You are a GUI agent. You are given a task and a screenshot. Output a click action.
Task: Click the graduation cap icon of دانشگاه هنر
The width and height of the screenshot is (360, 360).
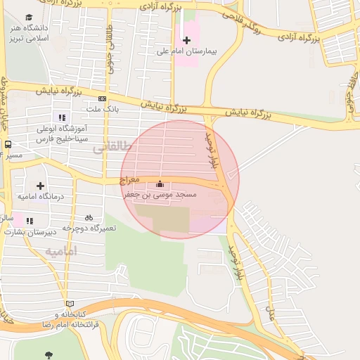pyautogui.click(x=29, y=18)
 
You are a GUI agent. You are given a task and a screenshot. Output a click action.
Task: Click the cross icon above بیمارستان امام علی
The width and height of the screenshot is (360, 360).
pyautogui.click(x=186, y=40)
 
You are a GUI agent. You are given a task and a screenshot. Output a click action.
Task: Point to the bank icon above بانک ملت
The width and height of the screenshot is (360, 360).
pyautogui.click(x=103, y=98)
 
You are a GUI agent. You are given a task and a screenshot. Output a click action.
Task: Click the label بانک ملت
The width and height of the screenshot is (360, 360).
pyautogui.click(x=103, y=110)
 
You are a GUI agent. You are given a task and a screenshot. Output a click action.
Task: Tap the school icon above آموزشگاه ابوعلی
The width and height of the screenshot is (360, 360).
pyautogui.click(x=62, y=117)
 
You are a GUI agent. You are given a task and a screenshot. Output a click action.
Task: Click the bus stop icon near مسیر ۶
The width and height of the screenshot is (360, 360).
pyautogui.click(x=8, y=144)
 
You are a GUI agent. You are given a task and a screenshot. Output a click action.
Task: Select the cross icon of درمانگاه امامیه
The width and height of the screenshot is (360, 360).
pyautogui.click(x=40, y=186)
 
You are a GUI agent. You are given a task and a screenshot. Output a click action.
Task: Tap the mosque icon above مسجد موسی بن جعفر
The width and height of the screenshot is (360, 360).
pyautogui.click(x=158, y=184)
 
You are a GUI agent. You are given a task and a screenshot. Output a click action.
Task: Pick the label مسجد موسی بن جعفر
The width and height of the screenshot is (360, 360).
pyautogui.click(x=160, y=194)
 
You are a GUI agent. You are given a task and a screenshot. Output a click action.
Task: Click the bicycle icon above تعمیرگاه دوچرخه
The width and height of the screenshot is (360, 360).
pyautogui.click(x=89, y=217)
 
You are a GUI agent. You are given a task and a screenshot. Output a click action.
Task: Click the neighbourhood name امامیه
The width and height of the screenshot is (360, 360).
pyautogui.click(x=61, y=251)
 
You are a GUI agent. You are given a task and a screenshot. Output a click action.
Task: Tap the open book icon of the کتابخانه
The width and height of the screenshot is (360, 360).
pyautogui.click(x=69, y=304)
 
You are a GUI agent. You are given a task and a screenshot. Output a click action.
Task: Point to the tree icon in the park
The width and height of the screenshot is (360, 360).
pyautogui.click(x=48, y=355)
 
